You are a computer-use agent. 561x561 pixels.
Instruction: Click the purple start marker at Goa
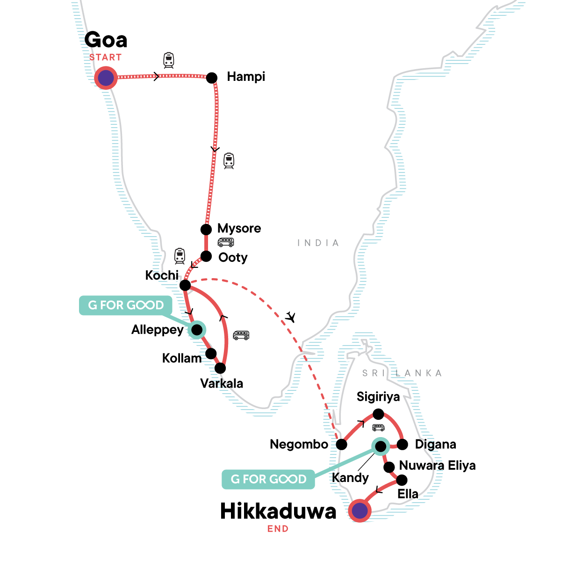106,78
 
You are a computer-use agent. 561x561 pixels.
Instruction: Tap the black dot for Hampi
212,78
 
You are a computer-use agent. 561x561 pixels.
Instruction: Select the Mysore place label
239,229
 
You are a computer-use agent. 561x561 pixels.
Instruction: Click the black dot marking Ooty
206,256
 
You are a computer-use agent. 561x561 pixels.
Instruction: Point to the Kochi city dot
185,285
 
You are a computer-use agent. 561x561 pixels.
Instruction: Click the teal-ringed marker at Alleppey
197,330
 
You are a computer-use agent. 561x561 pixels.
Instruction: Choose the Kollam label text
181,359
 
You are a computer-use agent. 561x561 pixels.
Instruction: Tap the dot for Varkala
220,368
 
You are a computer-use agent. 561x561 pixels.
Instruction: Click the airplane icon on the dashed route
291,317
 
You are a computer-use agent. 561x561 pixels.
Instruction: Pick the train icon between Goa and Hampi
168,60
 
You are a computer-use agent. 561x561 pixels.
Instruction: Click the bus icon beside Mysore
226,242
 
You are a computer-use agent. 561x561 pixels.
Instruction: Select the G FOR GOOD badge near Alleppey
126,305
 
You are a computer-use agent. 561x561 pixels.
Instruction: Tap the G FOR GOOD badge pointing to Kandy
268,479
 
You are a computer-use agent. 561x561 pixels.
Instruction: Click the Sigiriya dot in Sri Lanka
378,414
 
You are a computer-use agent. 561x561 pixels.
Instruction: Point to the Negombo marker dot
342,444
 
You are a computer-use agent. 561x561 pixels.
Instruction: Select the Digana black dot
402,444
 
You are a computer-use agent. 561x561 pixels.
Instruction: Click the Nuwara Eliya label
437,466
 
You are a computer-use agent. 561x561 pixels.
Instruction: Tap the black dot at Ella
402,480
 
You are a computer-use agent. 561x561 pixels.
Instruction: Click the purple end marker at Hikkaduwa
360,511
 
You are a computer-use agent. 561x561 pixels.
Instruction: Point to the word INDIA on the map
318,243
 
